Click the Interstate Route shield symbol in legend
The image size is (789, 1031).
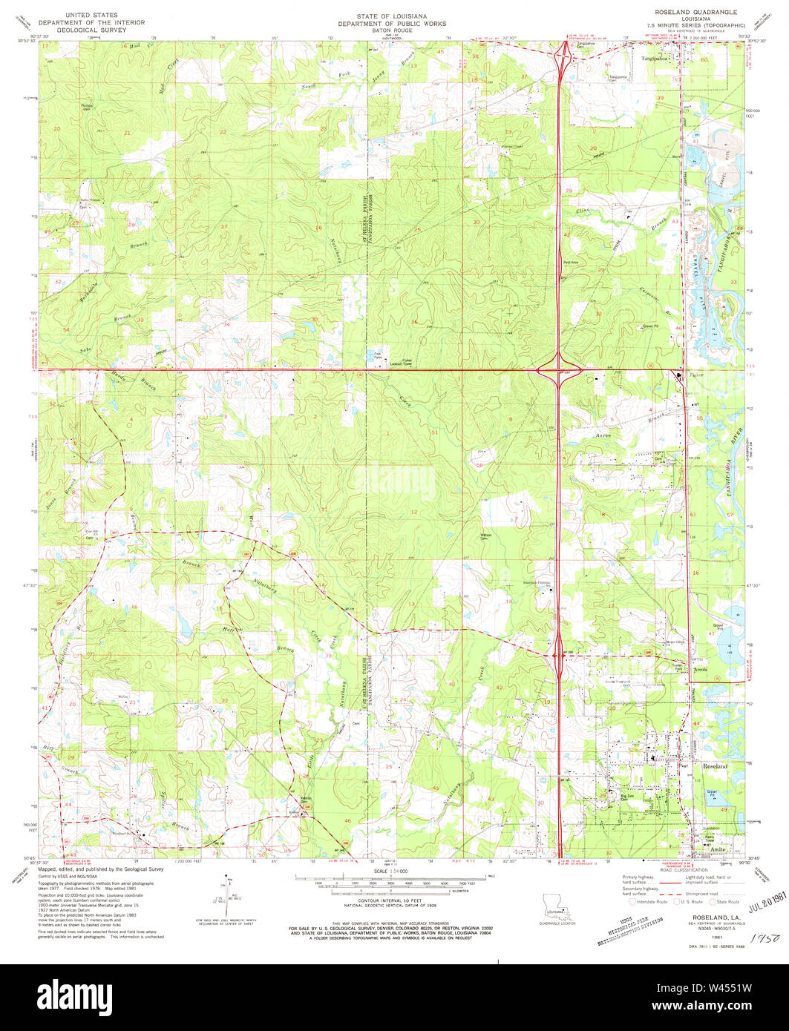click(x=632, y=902)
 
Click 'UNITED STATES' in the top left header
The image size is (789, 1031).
click(x=87, y=14)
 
